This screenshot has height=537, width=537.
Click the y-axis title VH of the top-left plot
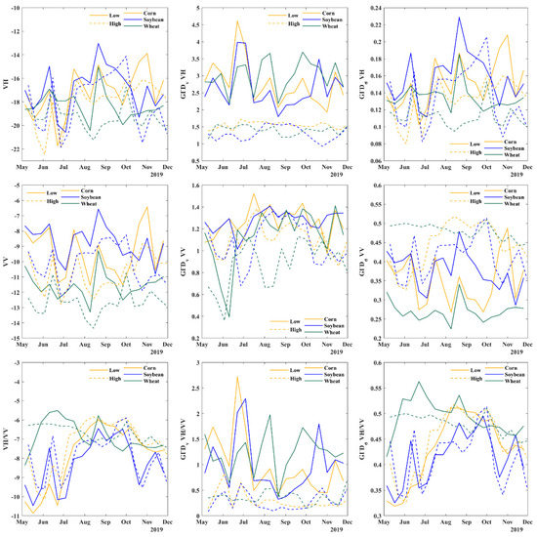[7, 83]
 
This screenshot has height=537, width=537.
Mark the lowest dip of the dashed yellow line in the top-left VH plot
[44, 154]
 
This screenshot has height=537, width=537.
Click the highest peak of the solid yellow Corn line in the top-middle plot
[237, 21]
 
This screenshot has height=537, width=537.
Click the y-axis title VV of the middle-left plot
[7, 264]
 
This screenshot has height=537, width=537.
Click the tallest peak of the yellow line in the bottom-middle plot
[237, 378]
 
